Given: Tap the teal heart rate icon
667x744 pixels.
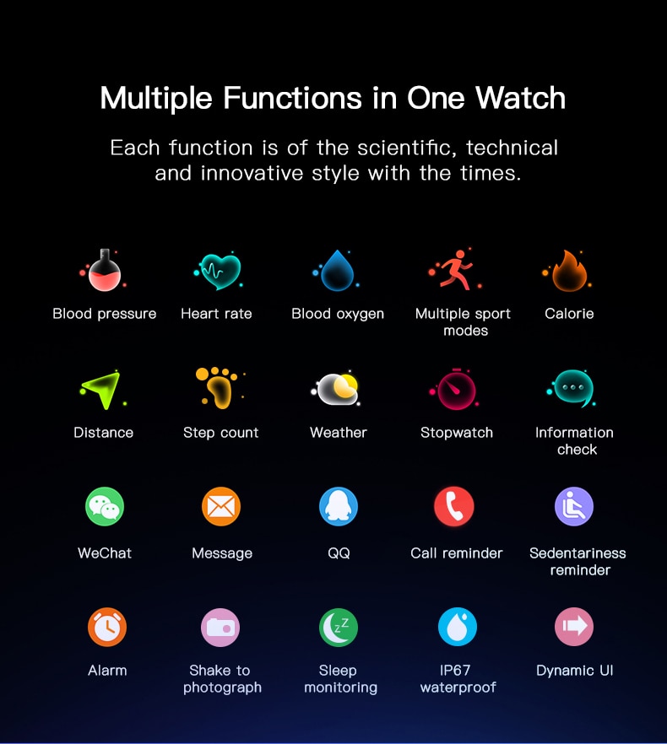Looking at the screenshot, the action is click(x=220, y=272).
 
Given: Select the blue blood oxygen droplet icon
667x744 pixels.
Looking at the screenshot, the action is click(x=337, y=271).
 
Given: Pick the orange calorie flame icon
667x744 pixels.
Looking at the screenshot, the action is click(x=568, y=271).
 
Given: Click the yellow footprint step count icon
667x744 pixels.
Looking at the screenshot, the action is click(x=219, y=388).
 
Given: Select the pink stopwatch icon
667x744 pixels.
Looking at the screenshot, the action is click(x=455, y=389).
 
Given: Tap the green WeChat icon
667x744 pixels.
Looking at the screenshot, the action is click(x=105, y=506).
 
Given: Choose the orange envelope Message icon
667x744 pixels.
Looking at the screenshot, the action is click(x=221, y=506).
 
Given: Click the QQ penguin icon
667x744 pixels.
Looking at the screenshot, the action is click(x=339, y=506).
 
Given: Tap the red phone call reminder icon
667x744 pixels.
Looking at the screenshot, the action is click(x=454, y=506).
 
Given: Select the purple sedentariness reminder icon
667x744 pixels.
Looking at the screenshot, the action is click(x=574, y=506).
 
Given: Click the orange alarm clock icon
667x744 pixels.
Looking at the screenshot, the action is click(x=107, y=627).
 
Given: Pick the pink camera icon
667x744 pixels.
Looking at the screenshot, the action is click(x=220, y=628).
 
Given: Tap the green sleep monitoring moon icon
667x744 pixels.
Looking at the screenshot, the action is click(x=339, y=628).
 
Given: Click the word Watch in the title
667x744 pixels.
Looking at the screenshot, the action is click(x=521, y=98).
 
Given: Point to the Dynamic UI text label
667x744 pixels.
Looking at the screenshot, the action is click(x=574, y=671).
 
